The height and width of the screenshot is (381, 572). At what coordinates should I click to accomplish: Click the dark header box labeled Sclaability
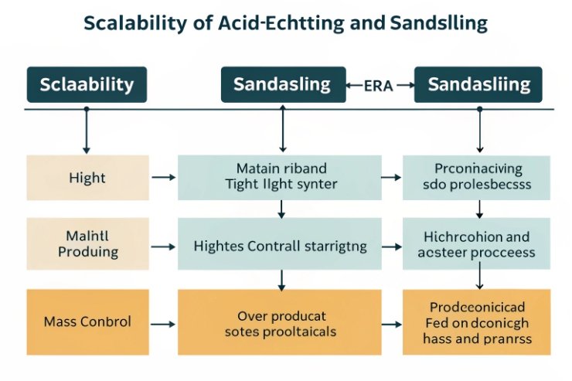[86, 84]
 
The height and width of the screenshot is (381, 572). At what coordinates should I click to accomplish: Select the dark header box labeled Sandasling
[281, 84]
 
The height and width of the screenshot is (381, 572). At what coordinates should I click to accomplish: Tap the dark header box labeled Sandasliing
[479, 84]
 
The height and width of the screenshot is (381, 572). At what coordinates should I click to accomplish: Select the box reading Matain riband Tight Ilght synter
[280, 178]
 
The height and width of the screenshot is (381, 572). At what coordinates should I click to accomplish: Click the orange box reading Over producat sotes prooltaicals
[280, 319]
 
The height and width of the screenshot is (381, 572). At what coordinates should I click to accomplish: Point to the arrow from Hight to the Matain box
[162, 178]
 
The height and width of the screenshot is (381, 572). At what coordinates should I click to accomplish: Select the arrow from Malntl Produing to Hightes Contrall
[162, 247]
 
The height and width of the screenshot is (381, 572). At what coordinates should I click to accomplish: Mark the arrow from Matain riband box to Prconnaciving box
[392, 178]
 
